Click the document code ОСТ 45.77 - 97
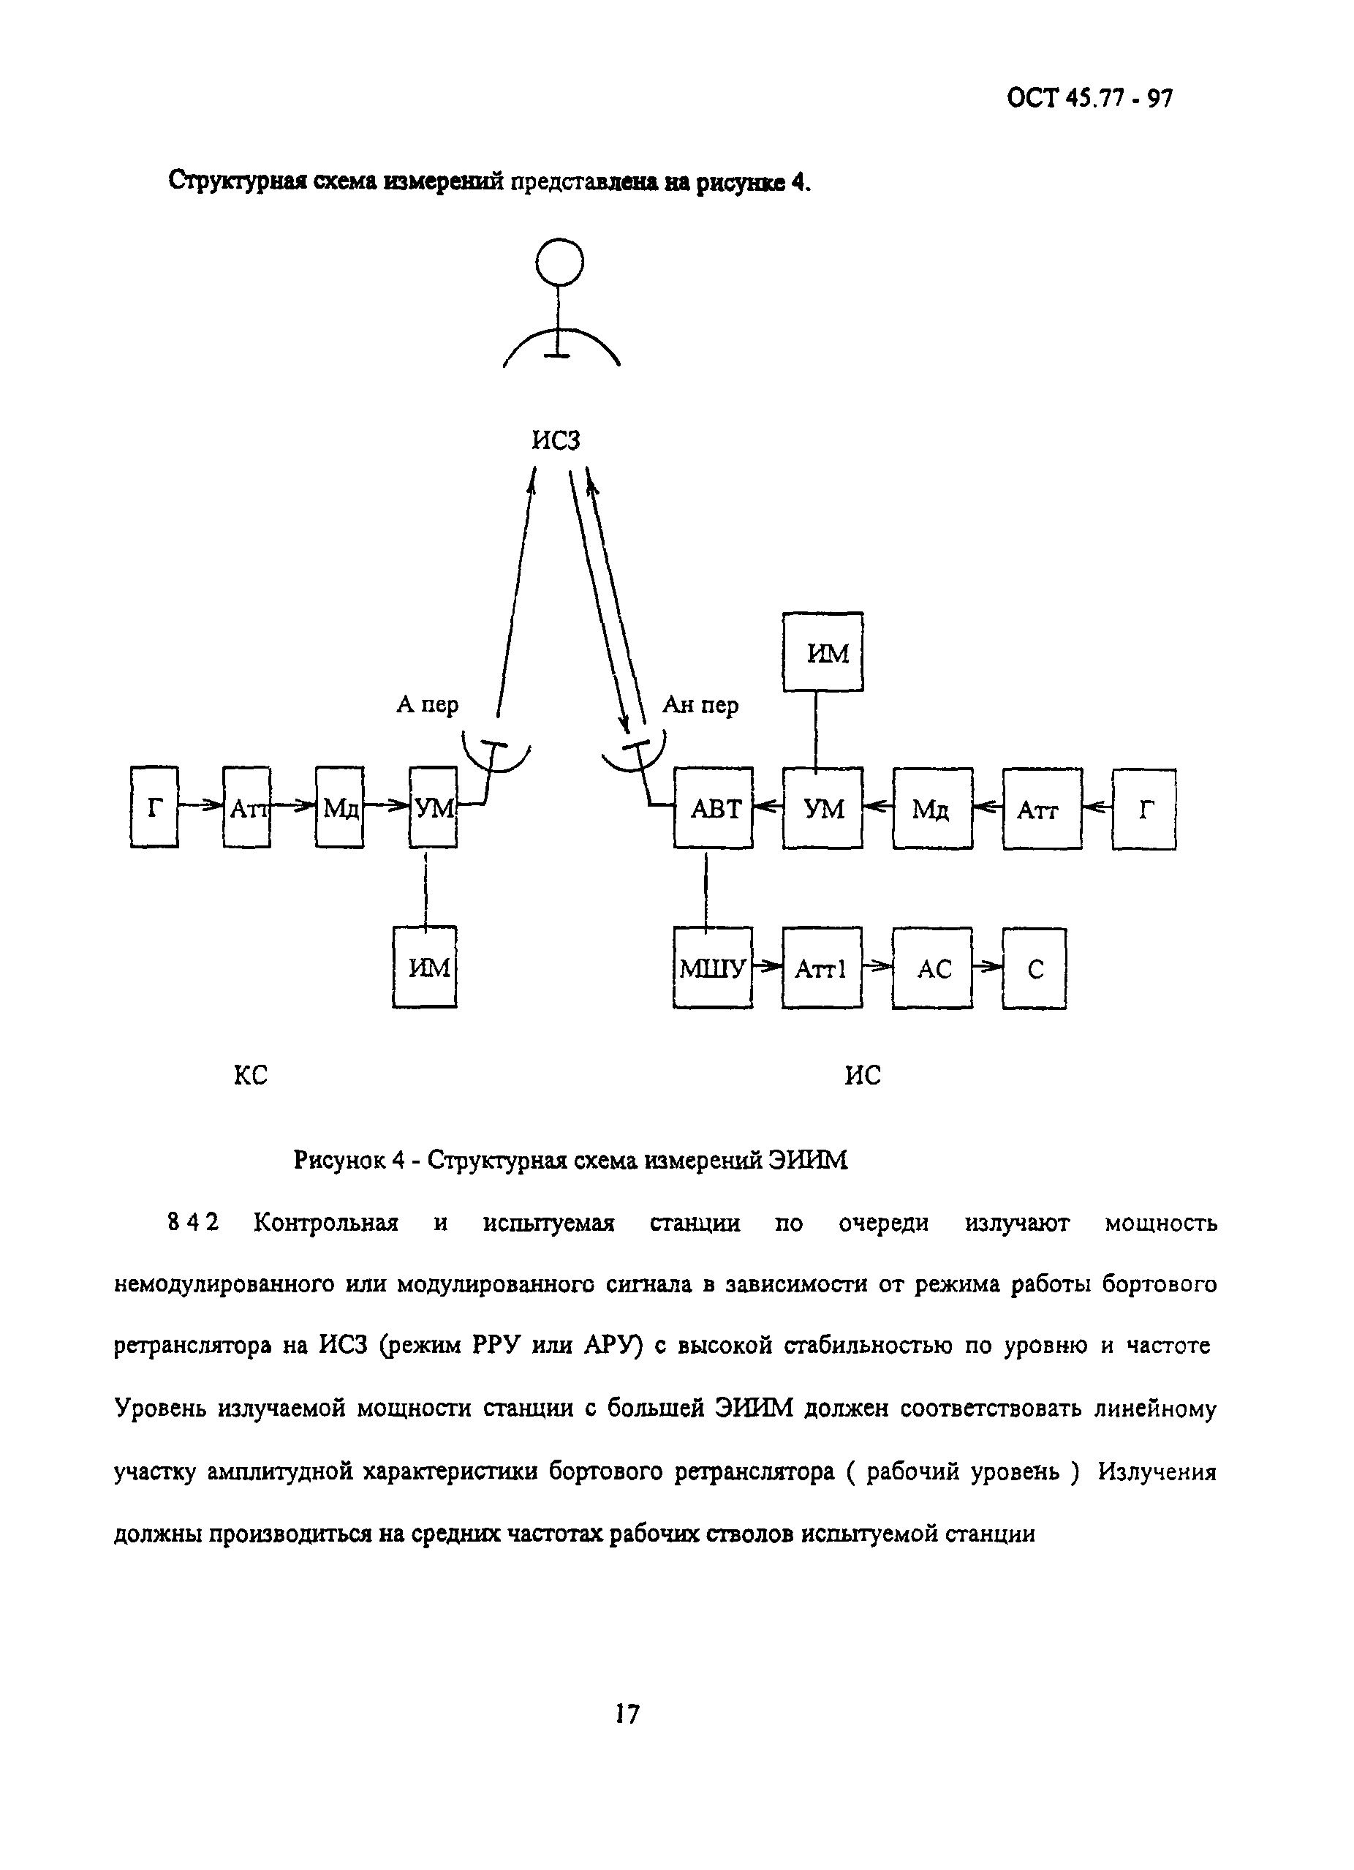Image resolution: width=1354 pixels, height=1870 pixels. pos(1089,99)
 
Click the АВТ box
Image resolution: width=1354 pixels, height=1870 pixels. pos(713,808)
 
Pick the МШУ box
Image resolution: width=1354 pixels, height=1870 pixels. pos(713,968)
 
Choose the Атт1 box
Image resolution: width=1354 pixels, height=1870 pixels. pos(822,968)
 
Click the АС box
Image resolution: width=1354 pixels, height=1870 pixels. pos(932,968)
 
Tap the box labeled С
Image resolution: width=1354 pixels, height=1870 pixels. pos(1035,968)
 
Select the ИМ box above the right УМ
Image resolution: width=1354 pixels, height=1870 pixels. pos(822,652)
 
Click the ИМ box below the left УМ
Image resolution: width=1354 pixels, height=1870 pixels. pos(426,966)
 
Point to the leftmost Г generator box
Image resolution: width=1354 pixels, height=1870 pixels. pos(154,807)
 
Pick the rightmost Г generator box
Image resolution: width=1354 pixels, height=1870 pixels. pos(1144,809)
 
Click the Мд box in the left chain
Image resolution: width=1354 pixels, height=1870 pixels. pos(339,807)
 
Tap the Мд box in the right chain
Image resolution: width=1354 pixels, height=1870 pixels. pos(932,809)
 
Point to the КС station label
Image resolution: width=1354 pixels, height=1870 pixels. pos(251,1075)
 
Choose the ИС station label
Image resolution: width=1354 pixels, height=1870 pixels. pos(863,1075)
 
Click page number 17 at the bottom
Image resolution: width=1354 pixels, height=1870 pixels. pos(627,1714)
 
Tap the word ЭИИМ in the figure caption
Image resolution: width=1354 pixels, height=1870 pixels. pos(808,1160)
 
